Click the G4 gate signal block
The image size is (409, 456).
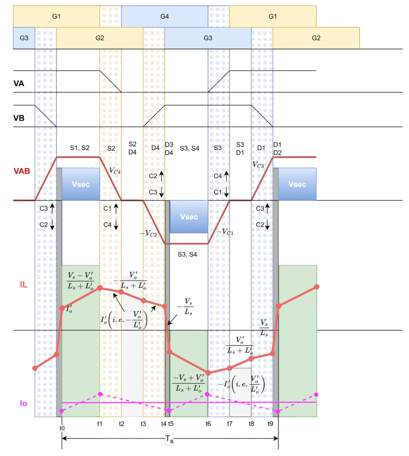[164, 16]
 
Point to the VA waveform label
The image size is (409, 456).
[19, 82]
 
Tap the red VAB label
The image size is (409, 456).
[22, 171]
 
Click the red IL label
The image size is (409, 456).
[23, 284]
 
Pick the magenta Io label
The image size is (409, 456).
[23, 403]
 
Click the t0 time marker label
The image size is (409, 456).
[62, 428]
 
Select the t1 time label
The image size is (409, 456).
[100, 423]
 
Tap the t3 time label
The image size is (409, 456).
[143, 423]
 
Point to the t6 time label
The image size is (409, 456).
[208, 423]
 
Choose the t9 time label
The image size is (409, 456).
[270, 423]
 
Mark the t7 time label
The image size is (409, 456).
[229, 423]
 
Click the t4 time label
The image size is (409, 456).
[163, 423]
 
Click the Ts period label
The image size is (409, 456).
[169, 440]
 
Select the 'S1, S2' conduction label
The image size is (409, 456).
[80, 147]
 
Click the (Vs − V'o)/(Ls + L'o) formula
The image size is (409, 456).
[80, 279]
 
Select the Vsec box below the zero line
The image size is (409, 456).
[189, 217]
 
